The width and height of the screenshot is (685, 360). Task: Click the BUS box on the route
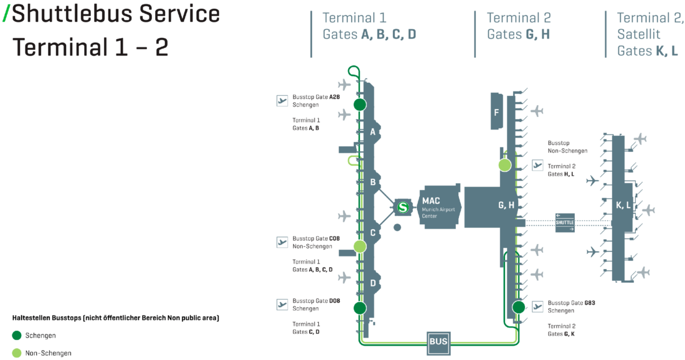(438, 341)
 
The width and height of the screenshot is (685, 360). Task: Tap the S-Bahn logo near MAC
(404, 207)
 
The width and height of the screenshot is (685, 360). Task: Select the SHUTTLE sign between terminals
(565, 222)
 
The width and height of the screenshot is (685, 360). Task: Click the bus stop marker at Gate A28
(359, 104)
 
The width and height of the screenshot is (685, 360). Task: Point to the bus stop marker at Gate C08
(359, 247)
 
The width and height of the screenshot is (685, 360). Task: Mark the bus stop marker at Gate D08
(359, 308)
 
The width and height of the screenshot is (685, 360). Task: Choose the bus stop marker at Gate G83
(518, 306)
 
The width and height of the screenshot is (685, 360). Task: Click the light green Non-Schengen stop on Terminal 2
(505, 165)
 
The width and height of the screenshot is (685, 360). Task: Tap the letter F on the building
(496, 113)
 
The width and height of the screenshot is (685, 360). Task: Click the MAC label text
(431, 201)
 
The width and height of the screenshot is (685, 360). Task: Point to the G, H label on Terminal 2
(506, 205)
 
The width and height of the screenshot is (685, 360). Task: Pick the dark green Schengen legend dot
(17, 335)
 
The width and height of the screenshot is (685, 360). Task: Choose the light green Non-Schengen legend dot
(17, 353)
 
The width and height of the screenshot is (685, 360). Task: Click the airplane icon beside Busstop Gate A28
(282, 100)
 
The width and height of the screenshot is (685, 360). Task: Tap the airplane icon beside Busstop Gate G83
(538, 306)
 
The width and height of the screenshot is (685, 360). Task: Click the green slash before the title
(6, 14)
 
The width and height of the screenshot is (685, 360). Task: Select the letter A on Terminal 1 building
(373, 132)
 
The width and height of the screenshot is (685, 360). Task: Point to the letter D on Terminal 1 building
(373, 283)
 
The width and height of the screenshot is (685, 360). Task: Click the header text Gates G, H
(518, 35)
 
